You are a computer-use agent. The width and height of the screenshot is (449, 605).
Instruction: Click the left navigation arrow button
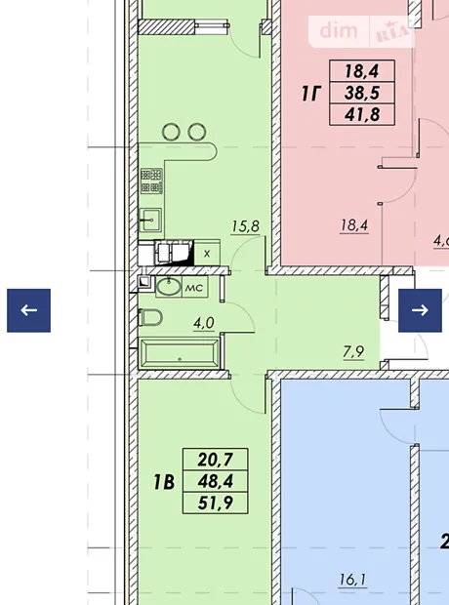tap(28, 310)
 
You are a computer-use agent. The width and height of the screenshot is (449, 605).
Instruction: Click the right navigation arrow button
tap(420, 310)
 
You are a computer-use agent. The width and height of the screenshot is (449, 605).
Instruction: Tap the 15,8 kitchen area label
tap(246, 226)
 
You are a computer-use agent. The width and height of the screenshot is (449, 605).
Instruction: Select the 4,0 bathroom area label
tap(204, 323)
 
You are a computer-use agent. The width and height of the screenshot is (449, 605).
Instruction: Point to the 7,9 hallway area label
tap(353, 352)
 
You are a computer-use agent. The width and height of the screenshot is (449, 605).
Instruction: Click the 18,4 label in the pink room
tap(354, 225)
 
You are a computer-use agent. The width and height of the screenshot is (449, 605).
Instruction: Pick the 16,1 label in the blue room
tap(352, 580)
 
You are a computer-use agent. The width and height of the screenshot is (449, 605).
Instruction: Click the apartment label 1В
tap(164, 482)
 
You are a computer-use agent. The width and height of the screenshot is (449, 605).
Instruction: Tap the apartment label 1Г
tap(311, 94)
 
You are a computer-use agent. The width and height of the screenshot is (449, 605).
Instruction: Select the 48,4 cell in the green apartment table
tap(216, 481)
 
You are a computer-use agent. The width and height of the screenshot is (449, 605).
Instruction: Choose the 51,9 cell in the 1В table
tap(216, 503)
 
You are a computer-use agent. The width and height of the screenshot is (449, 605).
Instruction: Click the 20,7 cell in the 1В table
tap(216, 460)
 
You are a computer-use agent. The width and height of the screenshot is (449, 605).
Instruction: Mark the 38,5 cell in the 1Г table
tap(362, 93)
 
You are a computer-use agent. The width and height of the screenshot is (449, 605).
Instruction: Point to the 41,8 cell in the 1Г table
tap(362, 114)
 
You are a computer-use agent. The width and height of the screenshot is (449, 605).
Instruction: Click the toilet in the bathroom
tap(150, 317)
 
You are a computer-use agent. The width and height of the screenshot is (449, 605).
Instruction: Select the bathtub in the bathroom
tap(180, 353)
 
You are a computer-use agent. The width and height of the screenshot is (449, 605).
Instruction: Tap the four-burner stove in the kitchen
tap(151, 181)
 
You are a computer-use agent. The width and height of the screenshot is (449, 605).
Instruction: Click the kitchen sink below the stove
tap(150, 220)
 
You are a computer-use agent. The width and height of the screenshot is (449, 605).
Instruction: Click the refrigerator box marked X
tap(207, 253)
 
